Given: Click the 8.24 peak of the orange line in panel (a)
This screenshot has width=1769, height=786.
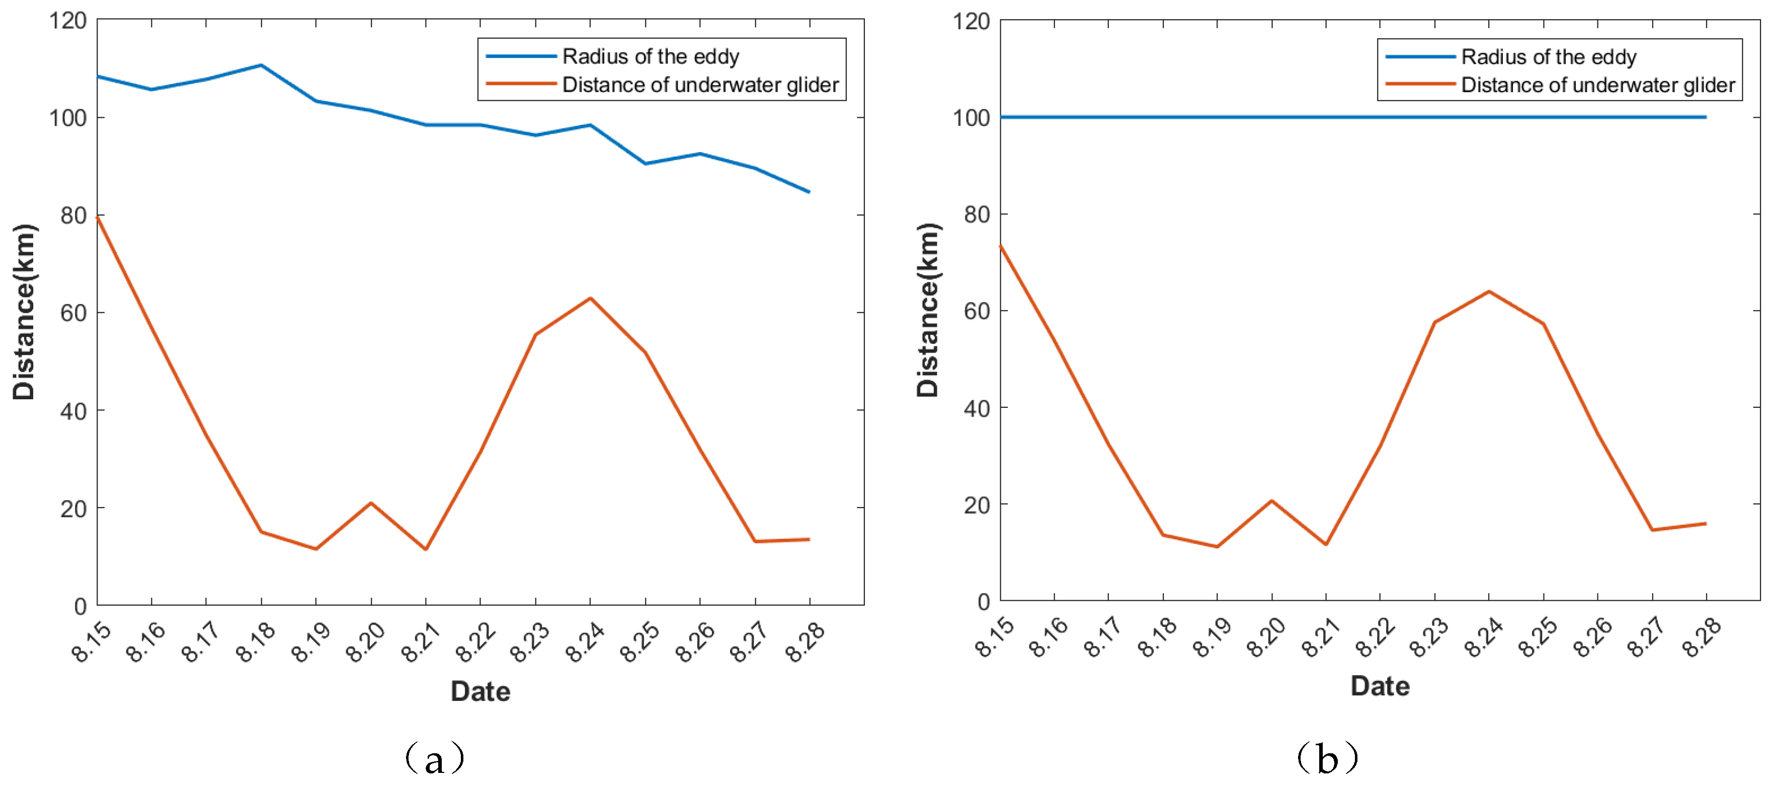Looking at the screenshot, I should (x=590, y=298).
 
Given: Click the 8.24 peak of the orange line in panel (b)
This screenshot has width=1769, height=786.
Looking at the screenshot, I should (x=1489, y=292).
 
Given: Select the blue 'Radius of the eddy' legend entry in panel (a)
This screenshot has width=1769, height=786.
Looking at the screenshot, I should (x=650, y=56).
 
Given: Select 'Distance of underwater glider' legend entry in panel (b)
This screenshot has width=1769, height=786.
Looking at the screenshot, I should (x=1597, y=85).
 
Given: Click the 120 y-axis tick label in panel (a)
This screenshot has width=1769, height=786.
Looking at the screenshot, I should (x=67, y=21).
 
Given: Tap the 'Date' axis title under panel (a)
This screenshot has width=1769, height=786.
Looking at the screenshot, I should (x=480, y=691).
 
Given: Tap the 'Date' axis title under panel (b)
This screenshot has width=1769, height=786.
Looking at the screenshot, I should (x=1380, y=686).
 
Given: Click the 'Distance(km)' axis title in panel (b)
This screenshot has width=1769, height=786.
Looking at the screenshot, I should (x=928, y=311).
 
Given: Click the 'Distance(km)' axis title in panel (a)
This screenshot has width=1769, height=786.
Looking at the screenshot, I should (x=24, y=312).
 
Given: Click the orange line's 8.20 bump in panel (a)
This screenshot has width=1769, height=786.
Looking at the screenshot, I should (x=371, y=503).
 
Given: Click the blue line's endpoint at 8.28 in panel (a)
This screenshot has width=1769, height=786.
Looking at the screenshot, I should (x=809, y=192).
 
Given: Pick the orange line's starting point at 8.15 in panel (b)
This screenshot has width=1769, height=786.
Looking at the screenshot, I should (x=1001, y=245).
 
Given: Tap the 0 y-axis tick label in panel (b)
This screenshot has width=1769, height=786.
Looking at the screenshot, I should (x=984, y=602).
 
